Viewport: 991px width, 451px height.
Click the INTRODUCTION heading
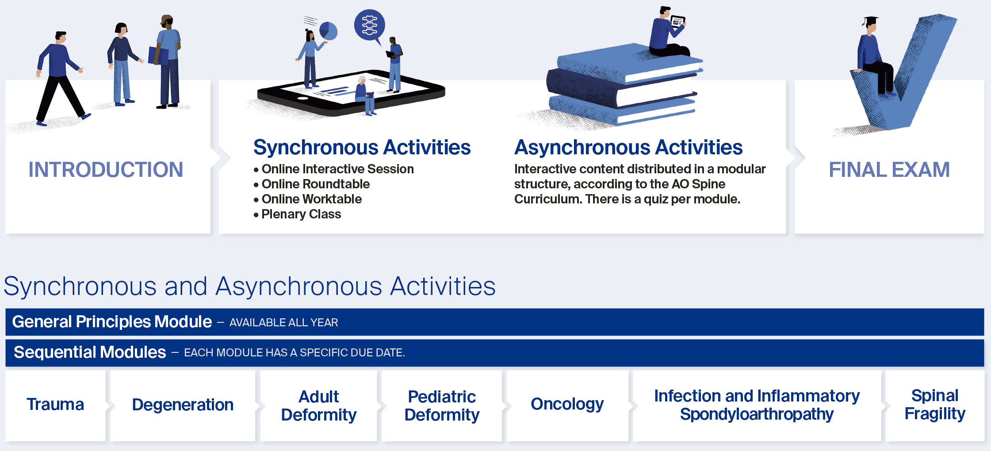coord(106,170)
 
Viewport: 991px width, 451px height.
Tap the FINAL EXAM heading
coord(889,170)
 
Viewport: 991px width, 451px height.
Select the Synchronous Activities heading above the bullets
coord(362,147)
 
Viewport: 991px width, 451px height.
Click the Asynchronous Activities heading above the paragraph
coord(628,147)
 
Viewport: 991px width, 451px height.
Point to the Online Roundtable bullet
coord(312,184)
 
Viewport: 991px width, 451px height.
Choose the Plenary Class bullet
coord(297,214)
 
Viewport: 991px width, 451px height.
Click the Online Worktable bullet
coord(308,199)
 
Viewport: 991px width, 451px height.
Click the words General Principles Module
coord(112,322)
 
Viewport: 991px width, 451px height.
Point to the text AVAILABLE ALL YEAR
coord(283,323)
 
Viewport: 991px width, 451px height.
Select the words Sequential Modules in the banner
coord(90,352)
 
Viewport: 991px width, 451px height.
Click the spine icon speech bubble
coord(370,26)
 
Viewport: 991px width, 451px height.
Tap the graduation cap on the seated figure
coord(870,21)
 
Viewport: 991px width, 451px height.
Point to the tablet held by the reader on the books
coord(678,22)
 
